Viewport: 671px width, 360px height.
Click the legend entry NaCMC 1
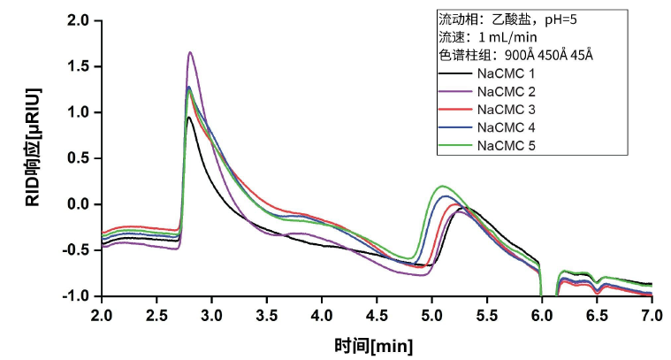pyautogui.click(x=506, y=73)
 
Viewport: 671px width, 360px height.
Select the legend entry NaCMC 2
pyautogui.click(x=506, y=91)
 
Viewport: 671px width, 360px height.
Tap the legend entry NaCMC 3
pyautogui.click(x=506, y=110)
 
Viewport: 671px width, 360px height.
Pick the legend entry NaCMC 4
pyautogui.click(x=506, y=127)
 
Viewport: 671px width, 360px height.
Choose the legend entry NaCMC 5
pyautogui.click(x=506, y=145)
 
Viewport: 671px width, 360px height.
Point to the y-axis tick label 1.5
pyautogui.click(x=83, y=66)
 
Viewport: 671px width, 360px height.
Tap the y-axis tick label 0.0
pyautogui.click(x=83, y=204)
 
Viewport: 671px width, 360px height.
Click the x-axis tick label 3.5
pyautogui.click(x=267, y=315)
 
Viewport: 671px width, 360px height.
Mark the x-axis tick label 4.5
pyautogui.click(x=377, y=315)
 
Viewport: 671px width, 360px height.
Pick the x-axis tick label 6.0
pyautogui.click(x=541, y=315)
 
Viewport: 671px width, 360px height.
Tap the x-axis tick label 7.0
pyautogui.click(x=651, y=315)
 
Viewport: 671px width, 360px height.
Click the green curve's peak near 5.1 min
pyautogui.click(x=441, y=187)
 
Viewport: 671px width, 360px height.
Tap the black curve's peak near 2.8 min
pyautogui.click(x=189, y=117)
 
